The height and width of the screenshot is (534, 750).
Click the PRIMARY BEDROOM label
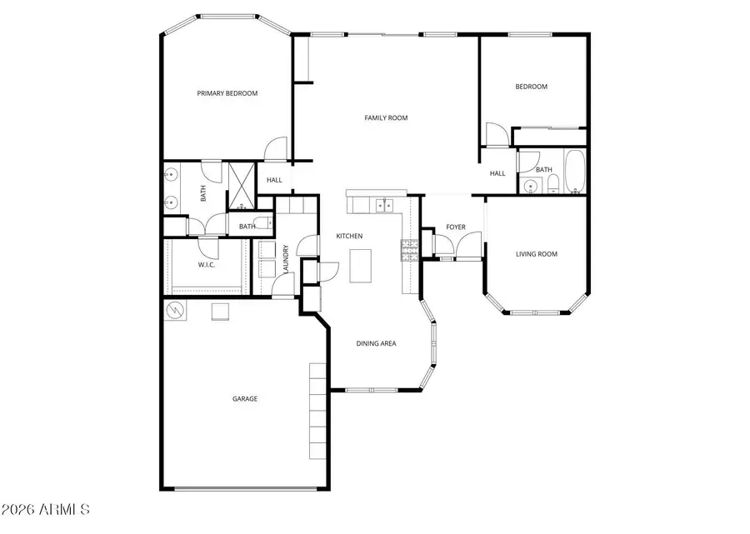[x=227, y=93]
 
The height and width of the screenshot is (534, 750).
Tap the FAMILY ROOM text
[x=386, y=118]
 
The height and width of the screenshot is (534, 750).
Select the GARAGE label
[x=244, y=399]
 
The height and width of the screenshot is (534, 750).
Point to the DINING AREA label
[x=376, y=343]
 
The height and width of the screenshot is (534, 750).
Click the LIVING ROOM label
[x=537, y=254]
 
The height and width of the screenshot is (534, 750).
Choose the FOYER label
[x=455, y=227]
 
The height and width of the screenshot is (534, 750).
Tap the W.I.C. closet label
[x=207, y=265]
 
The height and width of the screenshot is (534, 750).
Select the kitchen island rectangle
[x=359, y=266]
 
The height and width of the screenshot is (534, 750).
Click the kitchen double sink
[x=384, y=203]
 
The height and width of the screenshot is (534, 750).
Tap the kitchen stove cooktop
[x=408, y=251]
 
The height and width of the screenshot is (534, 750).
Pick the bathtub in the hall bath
[x=575, y=171]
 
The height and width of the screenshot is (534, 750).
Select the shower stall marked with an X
[x=242, y=183]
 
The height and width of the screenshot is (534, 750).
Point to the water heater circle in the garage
[x=176, y=311]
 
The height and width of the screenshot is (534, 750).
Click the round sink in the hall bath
[x=529, y=186]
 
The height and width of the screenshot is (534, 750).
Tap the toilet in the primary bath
[x=263, y=223]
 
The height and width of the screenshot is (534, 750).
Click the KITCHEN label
[x=349, y=237]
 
